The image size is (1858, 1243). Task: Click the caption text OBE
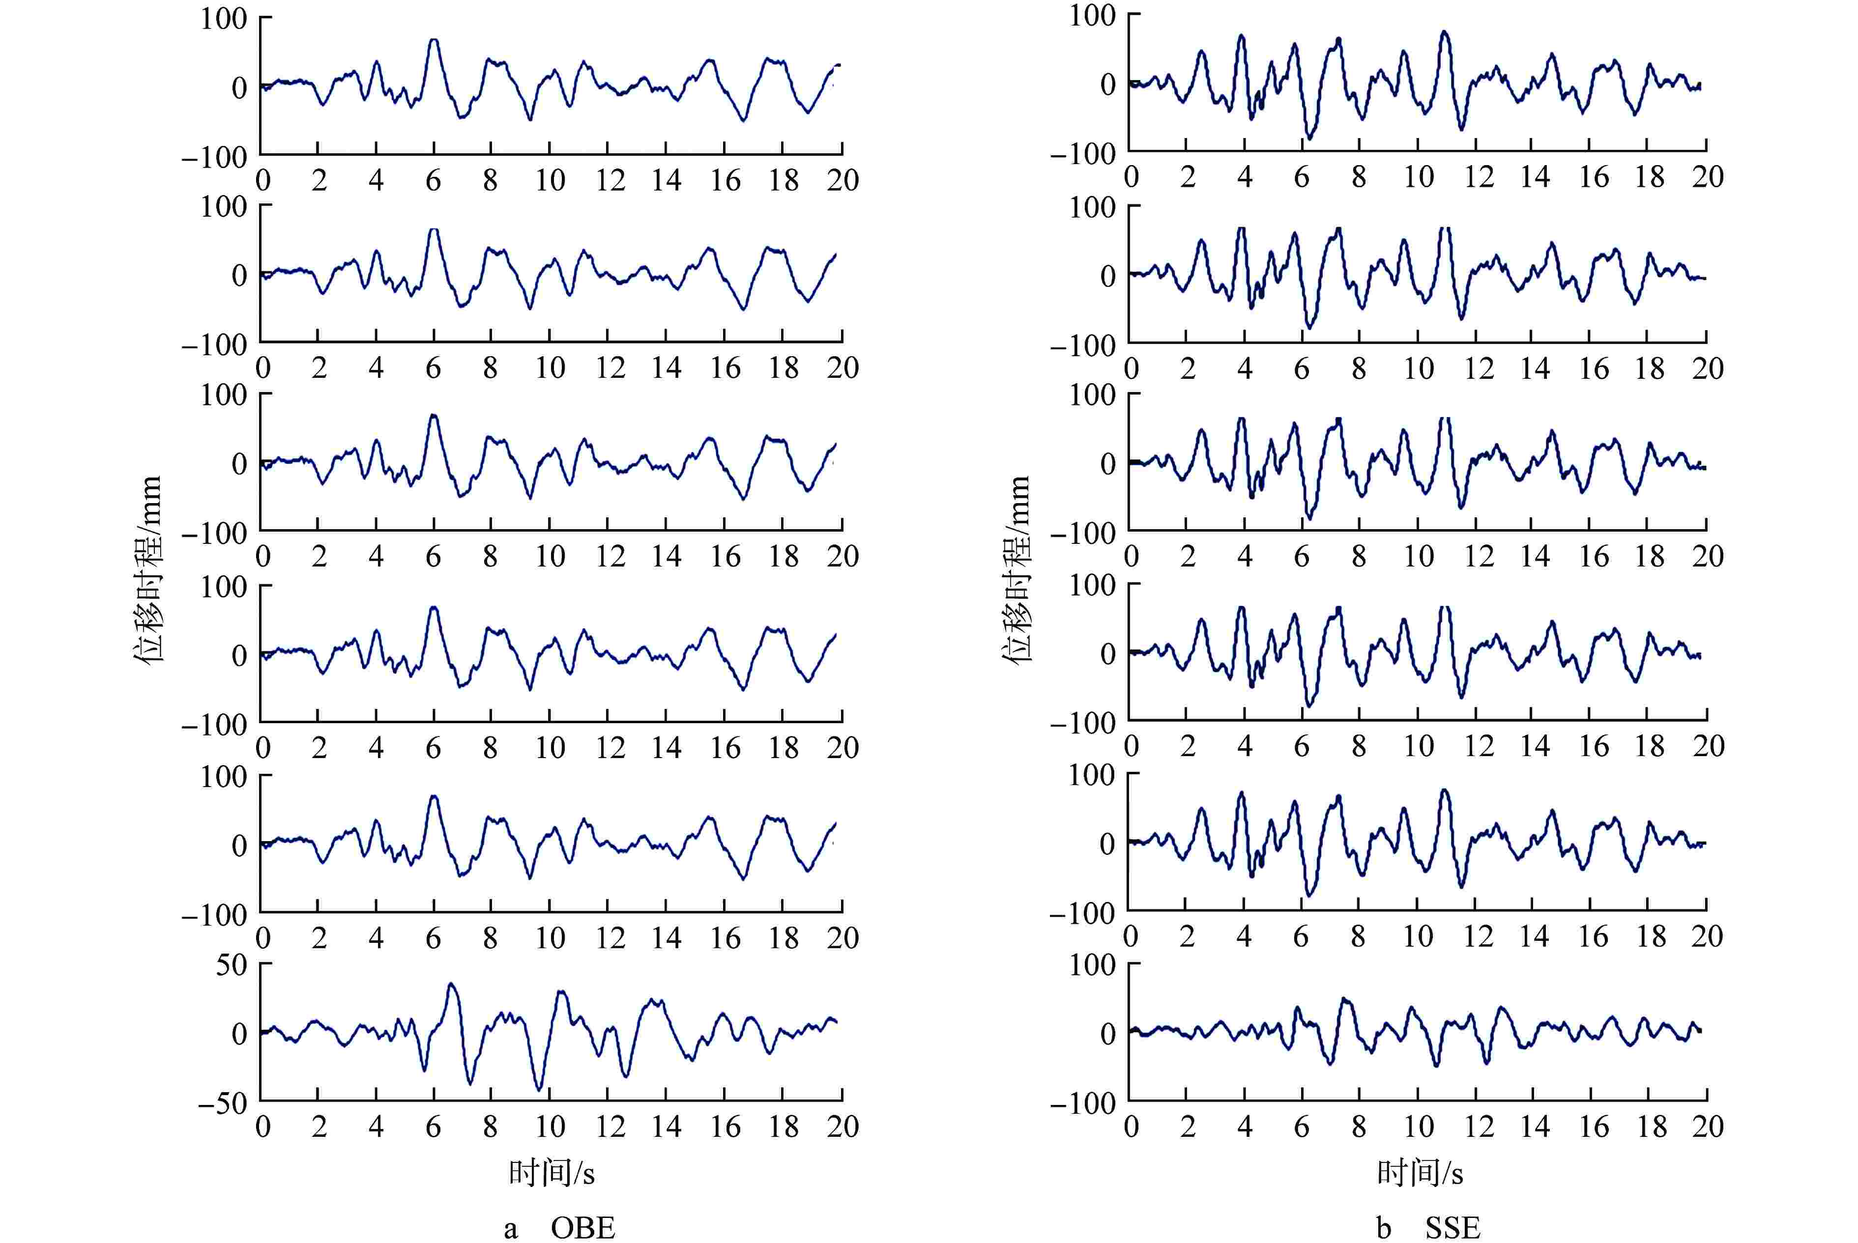tap(583, 1227)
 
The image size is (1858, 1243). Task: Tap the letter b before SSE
tap(1383, 1227)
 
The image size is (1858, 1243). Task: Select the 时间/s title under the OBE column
tap(551, 1172)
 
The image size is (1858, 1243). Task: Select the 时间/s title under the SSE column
tap(1420, 1172)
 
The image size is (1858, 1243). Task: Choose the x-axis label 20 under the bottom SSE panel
tap(1707, 1127)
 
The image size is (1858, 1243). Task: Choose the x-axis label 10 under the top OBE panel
tap(550, 181)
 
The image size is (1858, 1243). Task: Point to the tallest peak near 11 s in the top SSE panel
tap(1445, 32)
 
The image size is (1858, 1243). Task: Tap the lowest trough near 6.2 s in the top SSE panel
tap(1308, 139)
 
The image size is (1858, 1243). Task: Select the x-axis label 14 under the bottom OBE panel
tap(666, 1127)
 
